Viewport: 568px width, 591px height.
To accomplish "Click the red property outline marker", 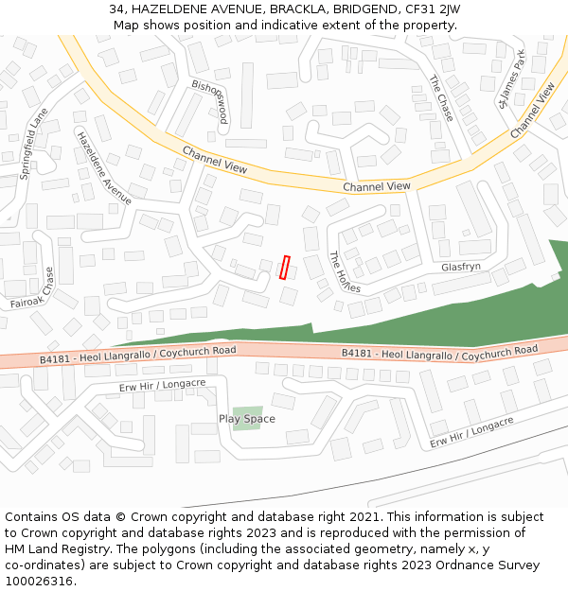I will (285, 268).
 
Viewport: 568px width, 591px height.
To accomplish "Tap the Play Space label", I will (247, 419).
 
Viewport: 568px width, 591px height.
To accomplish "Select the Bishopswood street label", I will (210, 101).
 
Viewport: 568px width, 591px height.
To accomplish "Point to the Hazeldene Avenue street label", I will (103, 166).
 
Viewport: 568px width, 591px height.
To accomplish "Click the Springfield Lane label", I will (34, 144).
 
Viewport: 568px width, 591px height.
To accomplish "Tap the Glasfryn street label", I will (461, 268).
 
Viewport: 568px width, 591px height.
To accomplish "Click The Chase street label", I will (441, 98).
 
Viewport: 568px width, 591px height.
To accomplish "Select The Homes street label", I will (345, 272).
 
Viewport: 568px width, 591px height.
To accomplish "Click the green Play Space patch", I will (247, 419).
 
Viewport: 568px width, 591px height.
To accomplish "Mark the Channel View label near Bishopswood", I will (215, 160).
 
